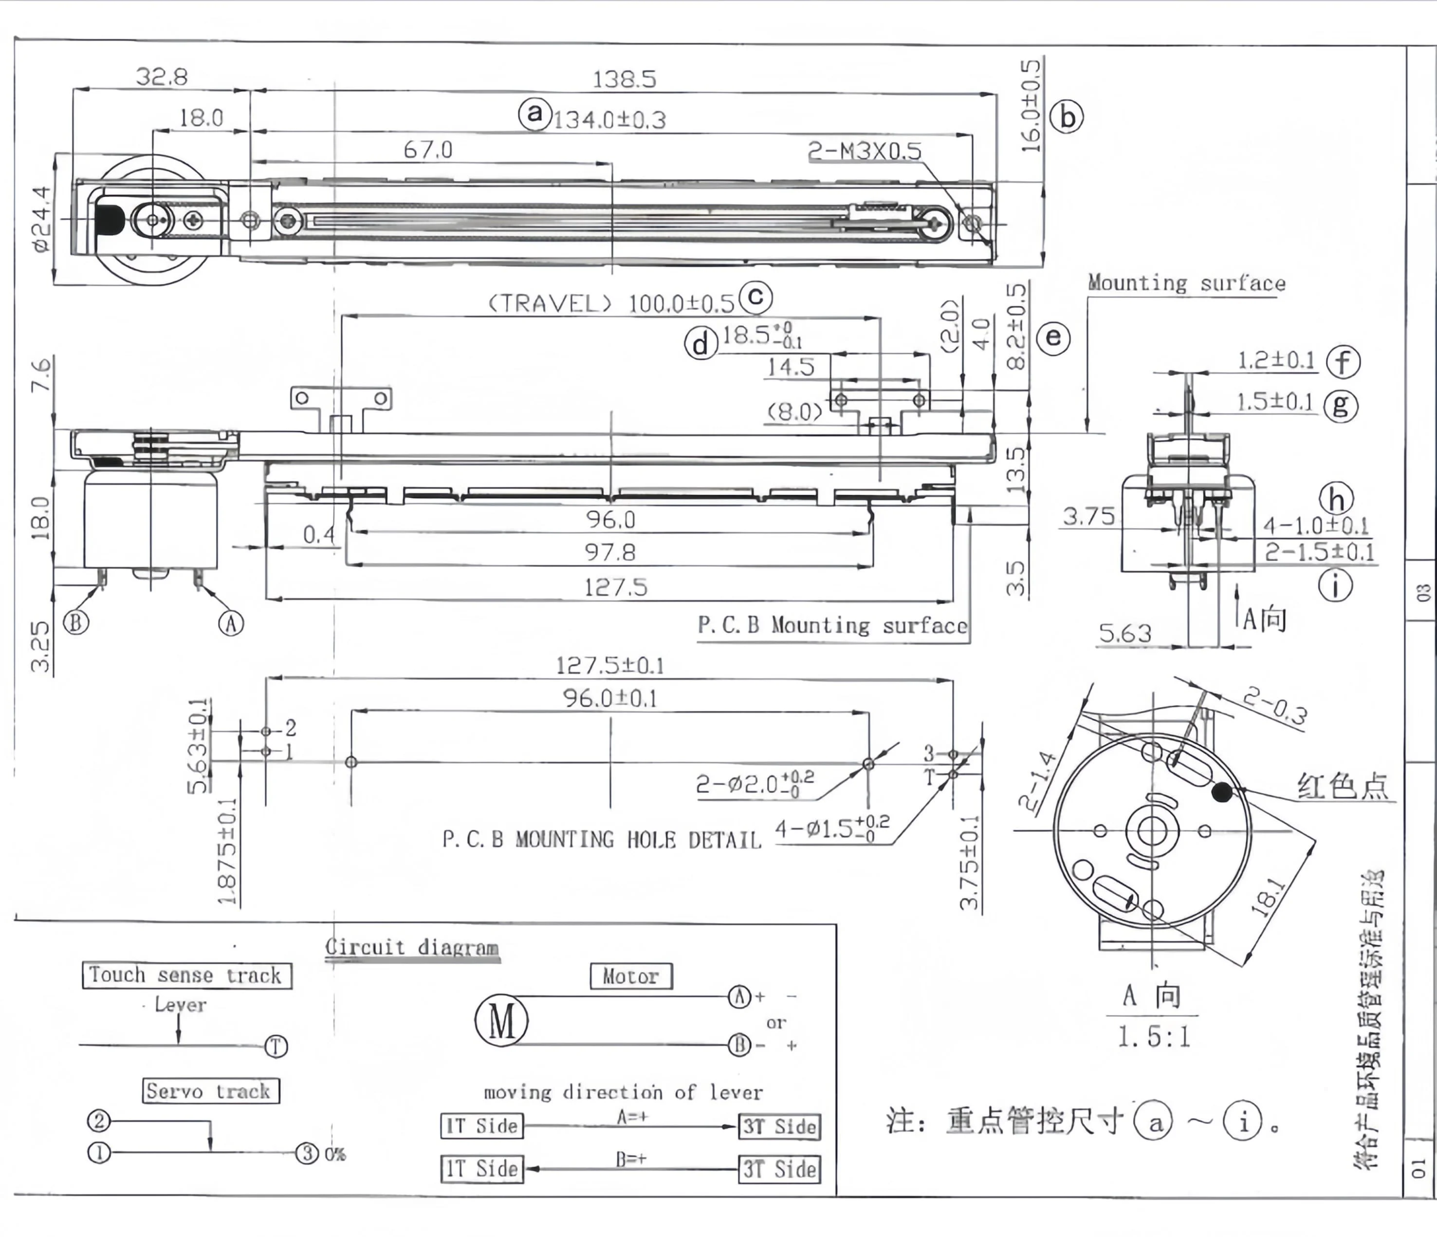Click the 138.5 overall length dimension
click(x=624, y=79)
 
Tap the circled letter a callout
click(x=534, y=112)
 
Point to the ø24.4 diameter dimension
click(x=41, y=219)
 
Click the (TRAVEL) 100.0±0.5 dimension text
click(x=611, y=303)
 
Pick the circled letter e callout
click(x=1053, y=338)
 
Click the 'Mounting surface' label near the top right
click(x=1186, y=283)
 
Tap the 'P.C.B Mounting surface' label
click(x=832, y=626)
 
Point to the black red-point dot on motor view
click(x=1221, y=791)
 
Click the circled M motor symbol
click(x=501, y=1021)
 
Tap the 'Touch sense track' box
click(x=186, y=975)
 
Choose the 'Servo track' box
click(x=211, y=1090)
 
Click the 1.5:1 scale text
click(x=1153, y=1037)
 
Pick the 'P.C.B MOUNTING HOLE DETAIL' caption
click(x=601, y=840)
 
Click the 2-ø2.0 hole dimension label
click(x=755, y=784)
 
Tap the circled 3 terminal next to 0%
click(x=307, y=1153)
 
